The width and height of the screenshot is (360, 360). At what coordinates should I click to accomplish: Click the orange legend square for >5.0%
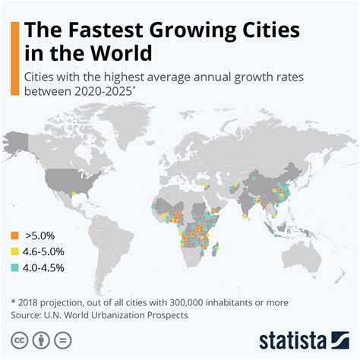click(x=15, y=235)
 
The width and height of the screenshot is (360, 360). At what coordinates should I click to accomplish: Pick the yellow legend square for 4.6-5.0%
click(x=15, y=251)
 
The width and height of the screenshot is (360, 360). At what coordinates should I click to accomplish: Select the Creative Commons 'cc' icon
click(x=17, y=338)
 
